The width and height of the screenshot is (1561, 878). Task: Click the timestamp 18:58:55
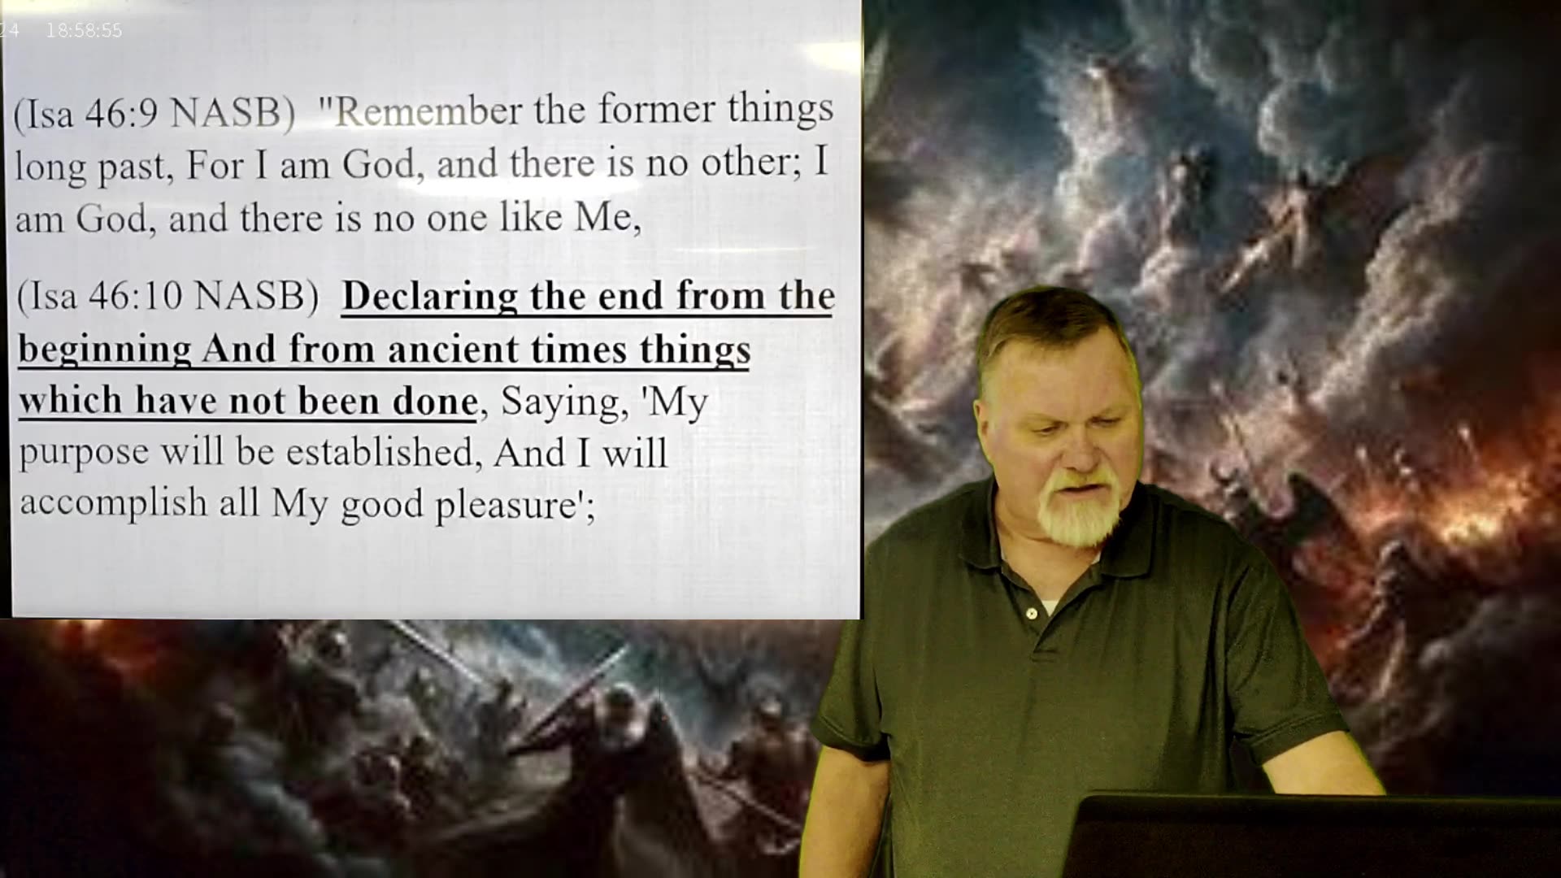[x=84, y=31]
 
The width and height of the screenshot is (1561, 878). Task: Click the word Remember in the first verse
[x=428, y=111]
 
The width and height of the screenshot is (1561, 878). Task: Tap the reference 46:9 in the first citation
[x=120, y=114]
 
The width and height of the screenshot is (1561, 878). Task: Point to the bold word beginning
[x=105, y=350]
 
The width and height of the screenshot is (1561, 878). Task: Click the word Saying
[x=559, y=402]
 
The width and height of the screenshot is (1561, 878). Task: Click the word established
[x=379, y=453]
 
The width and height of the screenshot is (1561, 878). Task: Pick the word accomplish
[x=113, y=503]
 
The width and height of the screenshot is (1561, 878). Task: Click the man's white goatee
[x=1077, y=512]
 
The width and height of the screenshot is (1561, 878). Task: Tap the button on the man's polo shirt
[x=1031, y=614]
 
